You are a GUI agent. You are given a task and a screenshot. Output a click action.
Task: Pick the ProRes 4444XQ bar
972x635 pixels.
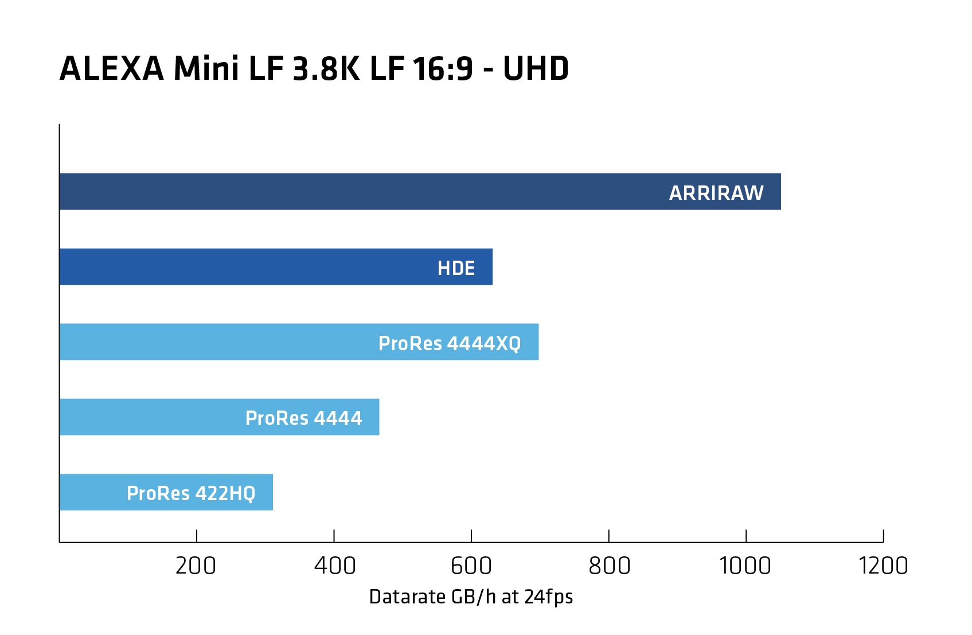(x=218, y=342)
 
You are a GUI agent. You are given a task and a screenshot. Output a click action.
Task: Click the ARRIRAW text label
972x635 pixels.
(x=716, y=193)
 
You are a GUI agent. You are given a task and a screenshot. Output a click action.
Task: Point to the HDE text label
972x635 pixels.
(x=456, y=268)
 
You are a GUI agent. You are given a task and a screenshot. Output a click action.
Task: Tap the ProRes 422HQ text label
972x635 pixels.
(x=191, y=493)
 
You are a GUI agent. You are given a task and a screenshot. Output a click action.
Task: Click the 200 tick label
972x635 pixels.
(x=196, y=566)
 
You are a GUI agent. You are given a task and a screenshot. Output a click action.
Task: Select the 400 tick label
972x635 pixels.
(x=334, y=566)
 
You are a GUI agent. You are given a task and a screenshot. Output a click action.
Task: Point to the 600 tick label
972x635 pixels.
(x=471, y=566)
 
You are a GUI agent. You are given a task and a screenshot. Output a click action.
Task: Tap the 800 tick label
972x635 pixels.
(x=609, y=566)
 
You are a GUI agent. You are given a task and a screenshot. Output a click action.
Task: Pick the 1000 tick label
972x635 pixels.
(x=745, y=566)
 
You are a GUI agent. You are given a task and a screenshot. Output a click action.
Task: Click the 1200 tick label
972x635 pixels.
(x=883, y=566)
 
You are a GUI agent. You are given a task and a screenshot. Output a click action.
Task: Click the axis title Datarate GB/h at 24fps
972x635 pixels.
(x=471, y=597)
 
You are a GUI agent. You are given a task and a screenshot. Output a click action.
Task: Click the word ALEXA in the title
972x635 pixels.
(x=112, y=69)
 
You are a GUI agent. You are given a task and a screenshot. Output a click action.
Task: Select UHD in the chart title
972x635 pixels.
(x=536, y=69)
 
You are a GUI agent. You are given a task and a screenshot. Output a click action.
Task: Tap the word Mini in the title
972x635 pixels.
(x=206, y=69)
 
